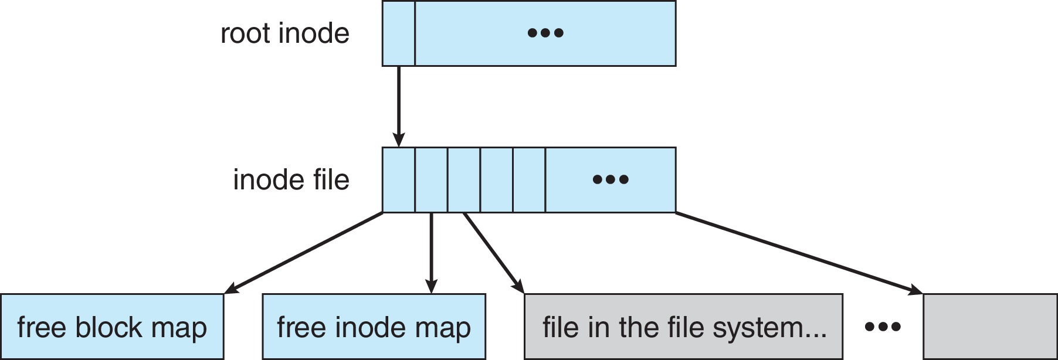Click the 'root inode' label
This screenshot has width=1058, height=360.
tap(285, 33)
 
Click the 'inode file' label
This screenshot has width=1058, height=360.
tap(291, 180)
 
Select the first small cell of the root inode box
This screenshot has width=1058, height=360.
tap(398, 33)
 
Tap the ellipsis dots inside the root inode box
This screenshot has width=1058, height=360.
tap(545, 33)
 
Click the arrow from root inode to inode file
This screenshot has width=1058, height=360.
tap(399, 106)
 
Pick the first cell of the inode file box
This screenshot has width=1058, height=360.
tap(398, 180)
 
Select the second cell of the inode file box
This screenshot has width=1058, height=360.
tap(431, 180)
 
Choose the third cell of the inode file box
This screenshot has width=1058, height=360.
tap(464, 180)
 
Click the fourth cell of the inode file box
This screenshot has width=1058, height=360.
tap(496, 180)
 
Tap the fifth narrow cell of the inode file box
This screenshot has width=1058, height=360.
tap(529, 180)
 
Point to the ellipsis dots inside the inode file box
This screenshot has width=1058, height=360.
tap(611, 180)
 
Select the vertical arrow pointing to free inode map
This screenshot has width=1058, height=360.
tap(431, 252)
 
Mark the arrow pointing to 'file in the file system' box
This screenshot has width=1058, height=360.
tap(493, 252)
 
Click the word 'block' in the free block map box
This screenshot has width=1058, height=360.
tap(107, 328)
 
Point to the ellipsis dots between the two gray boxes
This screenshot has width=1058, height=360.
tap(883, 327)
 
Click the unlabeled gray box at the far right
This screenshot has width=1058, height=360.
tap(990, 327)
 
